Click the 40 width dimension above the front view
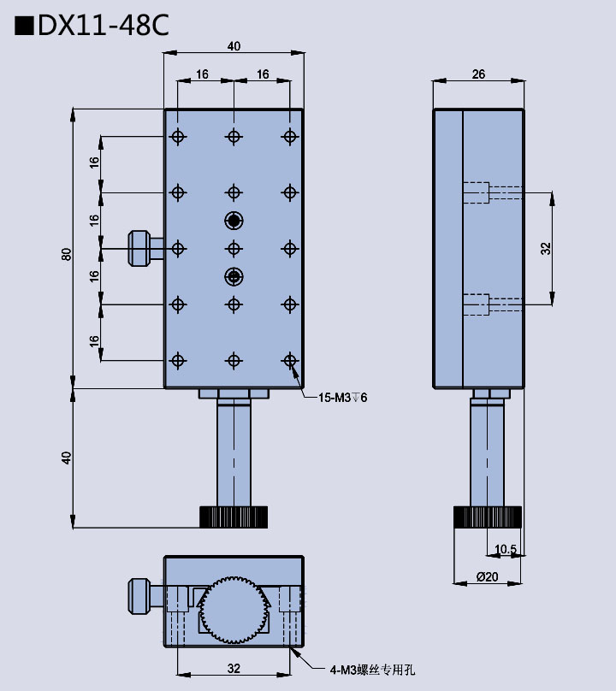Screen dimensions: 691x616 234,46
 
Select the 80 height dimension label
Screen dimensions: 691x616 66,254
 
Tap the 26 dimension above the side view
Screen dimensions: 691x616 478,74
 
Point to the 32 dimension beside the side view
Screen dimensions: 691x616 546,248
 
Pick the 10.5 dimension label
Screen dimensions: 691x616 506,549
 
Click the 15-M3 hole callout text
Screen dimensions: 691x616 342,398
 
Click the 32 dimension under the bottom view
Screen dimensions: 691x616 234,668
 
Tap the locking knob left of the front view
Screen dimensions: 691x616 139,248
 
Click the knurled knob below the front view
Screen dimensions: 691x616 234,517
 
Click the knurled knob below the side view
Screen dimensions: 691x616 487,517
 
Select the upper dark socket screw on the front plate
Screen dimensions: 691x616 234,221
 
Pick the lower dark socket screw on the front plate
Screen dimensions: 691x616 234,275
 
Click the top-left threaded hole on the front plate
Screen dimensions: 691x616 178,137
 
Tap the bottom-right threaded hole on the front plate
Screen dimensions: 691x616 290,360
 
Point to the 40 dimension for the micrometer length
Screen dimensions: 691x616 66,458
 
